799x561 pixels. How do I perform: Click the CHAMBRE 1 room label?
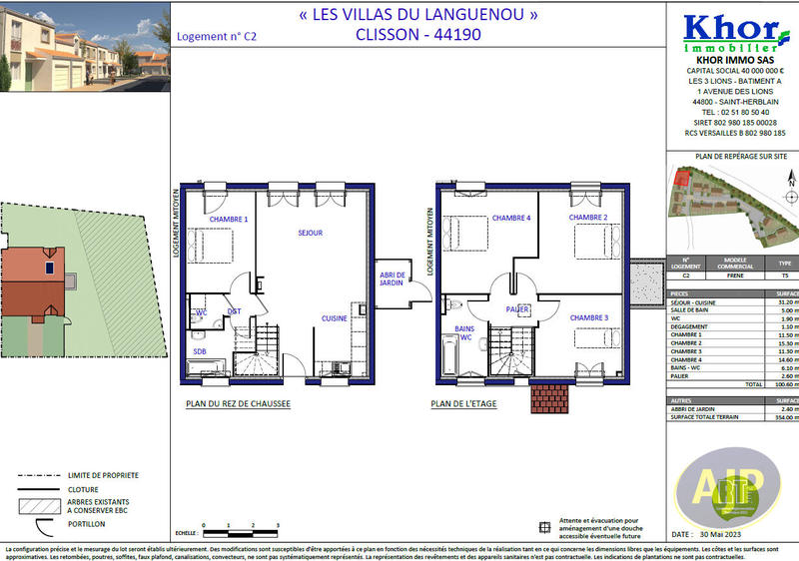point(227,219)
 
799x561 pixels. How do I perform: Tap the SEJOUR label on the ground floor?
point(311,233)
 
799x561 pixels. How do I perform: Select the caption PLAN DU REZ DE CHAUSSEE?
point(238,404)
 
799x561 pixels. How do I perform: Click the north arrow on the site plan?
point(788,180)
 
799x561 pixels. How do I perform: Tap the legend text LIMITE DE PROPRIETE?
point(105,475)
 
